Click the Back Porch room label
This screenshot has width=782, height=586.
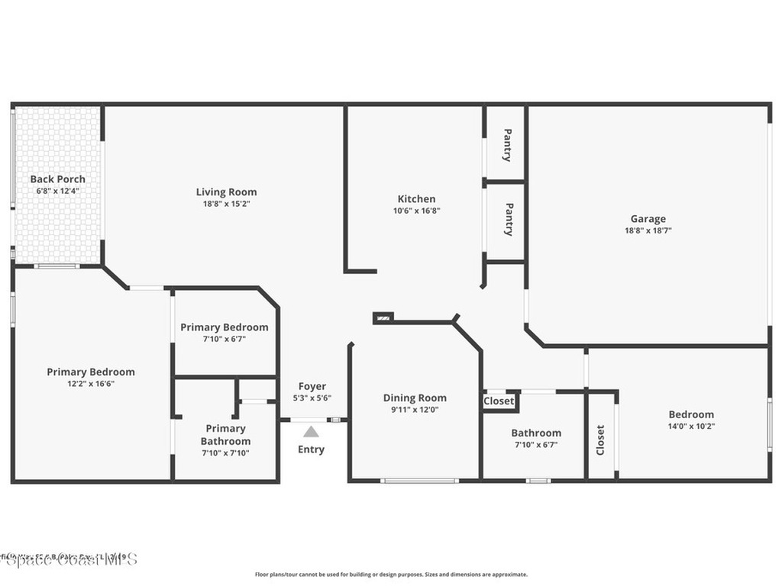[57, 179]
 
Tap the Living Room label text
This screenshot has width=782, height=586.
[226, 192]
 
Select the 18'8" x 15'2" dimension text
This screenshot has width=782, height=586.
[226, 204]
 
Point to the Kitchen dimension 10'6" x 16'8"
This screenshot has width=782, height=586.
[416, 211]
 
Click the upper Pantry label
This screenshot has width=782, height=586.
[507, 145]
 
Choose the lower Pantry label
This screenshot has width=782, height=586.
[509, 219]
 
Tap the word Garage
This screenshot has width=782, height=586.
[648, 219]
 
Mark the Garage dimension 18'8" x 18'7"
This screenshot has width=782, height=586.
[648, 230]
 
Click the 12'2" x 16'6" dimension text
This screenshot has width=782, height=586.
[90, 384]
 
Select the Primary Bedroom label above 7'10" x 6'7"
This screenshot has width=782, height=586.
[224, 327]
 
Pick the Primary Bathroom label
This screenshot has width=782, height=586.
[225, 435]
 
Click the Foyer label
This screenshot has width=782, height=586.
[312, 387]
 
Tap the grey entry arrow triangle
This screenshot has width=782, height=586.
[311, 432]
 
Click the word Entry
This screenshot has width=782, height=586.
[311, 449]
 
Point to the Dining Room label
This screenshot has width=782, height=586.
[415, 398]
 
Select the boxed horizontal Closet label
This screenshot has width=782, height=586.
[499, 401]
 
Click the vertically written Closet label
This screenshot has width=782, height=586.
[600, 440]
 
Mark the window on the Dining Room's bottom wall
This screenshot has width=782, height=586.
[419, 481]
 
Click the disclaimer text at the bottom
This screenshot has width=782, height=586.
[390, 575]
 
